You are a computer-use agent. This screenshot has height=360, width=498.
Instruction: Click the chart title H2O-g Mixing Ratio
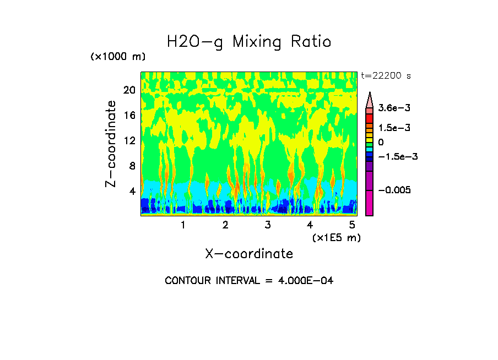coord(249,42)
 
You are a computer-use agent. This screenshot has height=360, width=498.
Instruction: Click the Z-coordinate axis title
coord(111,143)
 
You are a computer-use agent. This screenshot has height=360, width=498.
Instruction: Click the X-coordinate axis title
coord(249,254)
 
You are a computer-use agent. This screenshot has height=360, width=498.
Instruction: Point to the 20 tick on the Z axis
coord(129,90)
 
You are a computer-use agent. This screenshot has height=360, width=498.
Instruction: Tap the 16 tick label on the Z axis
coord(129,116)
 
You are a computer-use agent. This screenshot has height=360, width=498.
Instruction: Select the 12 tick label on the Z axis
coord(129,141)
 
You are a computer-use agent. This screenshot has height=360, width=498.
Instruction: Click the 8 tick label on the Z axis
coord(132,166)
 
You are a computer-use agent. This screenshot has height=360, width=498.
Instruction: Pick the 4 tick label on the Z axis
coord(132,192)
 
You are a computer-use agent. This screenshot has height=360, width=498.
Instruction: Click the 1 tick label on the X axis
coord(183,225)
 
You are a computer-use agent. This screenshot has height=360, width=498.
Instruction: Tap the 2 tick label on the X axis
coord(225,225)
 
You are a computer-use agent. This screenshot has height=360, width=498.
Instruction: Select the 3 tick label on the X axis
coord(268,225)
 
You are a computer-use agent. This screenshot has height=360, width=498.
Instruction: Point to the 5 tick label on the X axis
coord(353,225)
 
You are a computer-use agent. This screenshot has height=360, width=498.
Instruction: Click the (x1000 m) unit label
coord(118,57)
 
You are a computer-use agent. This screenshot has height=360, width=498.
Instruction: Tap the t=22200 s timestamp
coord(386,76)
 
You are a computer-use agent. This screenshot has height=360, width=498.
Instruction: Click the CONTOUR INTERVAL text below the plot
coord(249,281)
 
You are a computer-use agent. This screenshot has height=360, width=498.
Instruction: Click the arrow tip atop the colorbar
coord(370,94)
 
